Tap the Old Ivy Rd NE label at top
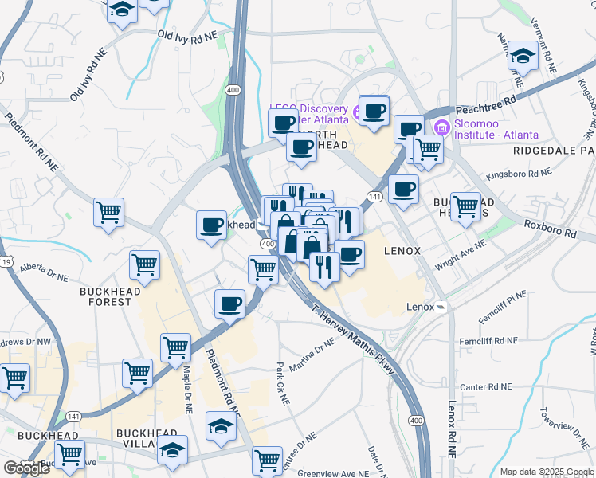pyautogui.click(x=187, y=36)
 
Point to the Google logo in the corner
pyautogui.click(x=26, y=468)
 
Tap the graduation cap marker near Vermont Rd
pyautogui.click(x=523, y=56)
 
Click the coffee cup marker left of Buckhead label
pyautogui.click(x=211, y=225)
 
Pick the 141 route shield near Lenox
pyautogui.click(x=373, y=196)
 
